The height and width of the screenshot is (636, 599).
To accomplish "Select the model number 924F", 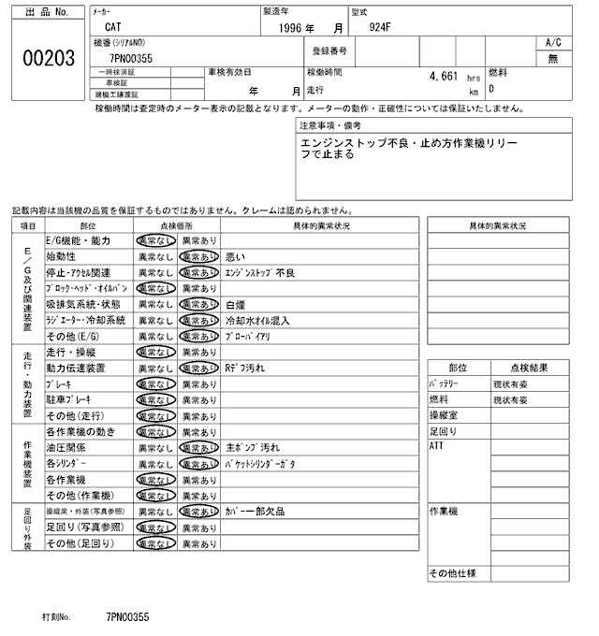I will point(379,26).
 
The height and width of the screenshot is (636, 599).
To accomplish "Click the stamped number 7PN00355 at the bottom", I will point(127,618).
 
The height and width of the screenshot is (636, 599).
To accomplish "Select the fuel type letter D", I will point(492,90).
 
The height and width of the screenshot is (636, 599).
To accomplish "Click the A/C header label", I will point(553,43).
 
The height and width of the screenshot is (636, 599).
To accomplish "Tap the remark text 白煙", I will point(236,304).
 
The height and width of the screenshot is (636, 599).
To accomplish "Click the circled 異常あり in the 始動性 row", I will point(199,256).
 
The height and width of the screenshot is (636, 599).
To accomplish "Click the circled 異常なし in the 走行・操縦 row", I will point(154,353).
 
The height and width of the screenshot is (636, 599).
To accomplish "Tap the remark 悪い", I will point(235,256).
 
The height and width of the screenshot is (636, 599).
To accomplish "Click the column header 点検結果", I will point(529,369).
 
